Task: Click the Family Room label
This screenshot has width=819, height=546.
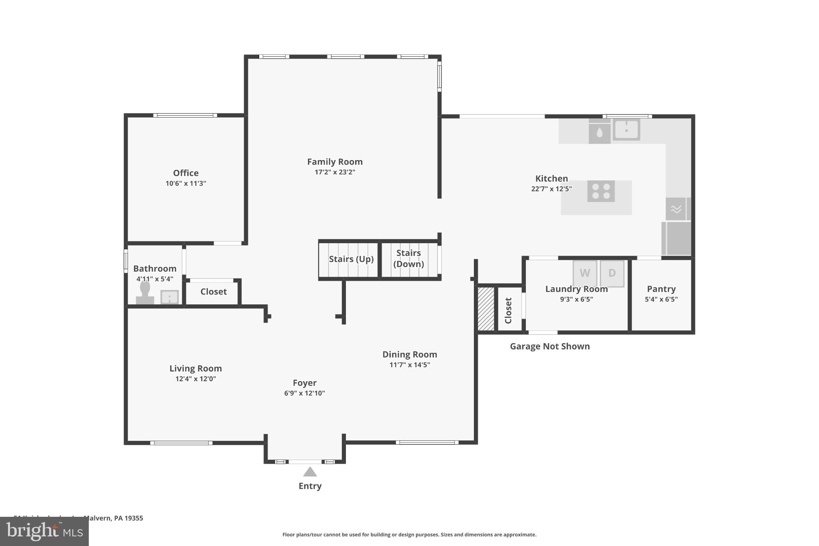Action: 335,162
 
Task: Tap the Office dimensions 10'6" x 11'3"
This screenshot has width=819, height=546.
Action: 186,184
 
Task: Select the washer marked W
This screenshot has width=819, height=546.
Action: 585,273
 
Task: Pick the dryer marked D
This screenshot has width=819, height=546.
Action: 612,273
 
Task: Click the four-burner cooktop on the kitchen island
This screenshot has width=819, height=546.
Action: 601,191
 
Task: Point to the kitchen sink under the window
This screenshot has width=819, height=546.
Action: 626,130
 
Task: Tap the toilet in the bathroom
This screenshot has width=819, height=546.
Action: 145,293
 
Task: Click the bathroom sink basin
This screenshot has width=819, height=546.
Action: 170,297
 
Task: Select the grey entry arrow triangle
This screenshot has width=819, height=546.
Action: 310,472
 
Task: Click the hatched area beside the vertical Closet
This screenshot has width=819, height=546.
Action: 486,309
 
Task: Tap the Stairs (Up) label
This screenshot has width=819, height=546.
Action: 351,259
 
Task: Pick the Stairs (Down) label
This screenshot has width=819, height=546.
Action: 408,258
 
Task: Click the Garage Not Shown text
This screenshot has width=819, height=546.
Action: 549,346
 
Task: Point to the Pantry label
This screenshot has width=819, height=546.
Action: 661,289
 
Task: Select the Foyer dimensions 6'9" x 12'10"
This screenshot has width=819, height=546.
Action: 304,393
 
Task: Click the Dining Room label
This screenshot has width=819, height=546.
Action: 409,354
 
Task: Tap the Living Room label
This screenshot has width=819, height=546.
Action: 195,368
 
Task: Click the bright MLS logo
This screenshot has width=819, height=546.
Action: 44,532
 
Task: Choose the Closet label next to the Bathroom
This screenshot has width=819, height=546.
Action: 213,292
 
